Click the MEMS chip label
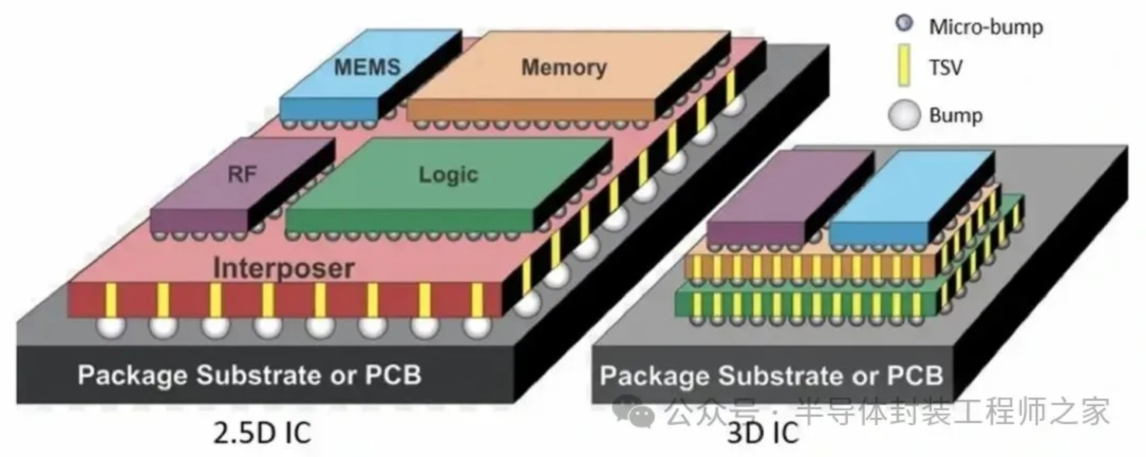(x=367, y=68)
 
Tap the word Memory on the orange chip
(x=564, y=68)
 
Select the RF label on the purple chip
(x=242, y=174)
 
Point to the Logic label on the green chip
(x=448, y=175)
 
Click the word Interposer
(x=284, y=268)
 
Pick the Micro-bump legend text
(x=986, y=27)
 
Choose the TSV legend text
(x=945, y=68)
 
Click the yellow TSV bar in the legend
(x=903, y=65)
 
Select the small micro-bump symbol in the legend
(x=903, y=23)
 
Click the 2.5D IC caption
(x=262, y=433)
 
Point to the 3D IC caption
(x=762, y=433)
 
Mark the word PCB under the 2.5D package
(x=393, y=375)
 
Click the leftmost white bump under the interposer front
(x=111, y=328)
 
